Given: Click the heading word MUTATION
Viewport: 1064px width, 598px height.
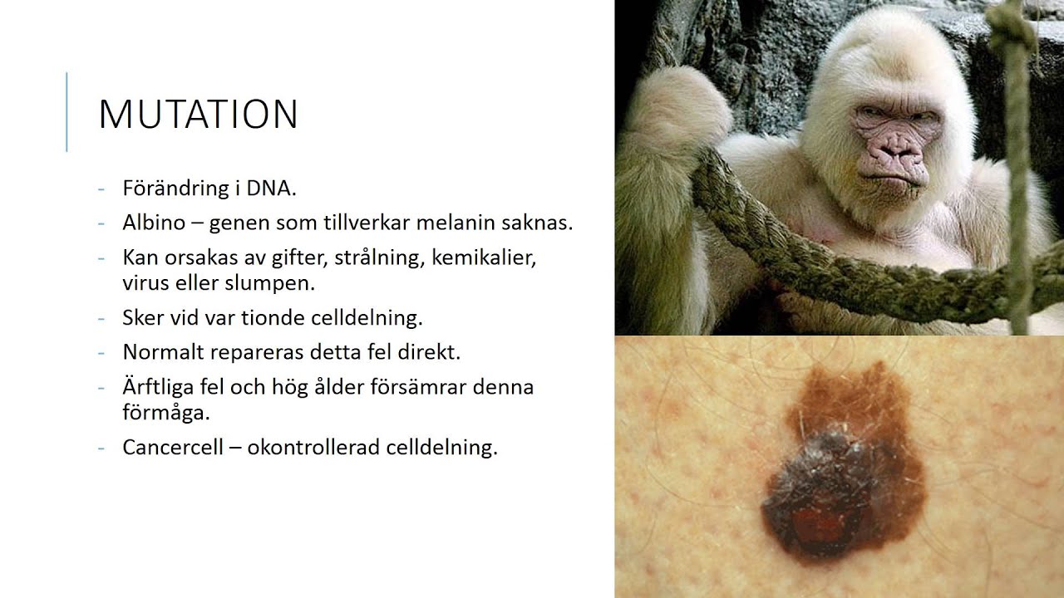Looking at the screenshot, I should coord(198,115).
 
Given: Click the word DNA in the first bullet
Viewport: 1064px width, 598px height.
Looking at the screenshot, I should coord(270,189).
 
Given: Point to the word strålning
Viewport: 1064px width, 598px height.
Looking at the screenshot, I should coord(379,257).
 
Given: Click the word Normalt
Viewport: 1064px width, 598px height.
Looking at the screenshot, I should coord(164,352).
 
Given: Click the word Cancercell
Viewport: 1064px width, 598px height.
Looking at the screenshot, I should coord(171,448).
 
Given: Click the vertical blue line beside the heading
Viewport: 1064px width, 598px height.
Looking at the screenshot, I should coord(66,112).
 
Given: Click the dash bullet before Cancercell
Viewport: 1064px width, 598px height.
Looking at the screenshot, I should coord(101,448).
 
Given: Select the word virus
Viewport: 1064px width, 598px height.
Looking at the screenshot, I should coord(146,282).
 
